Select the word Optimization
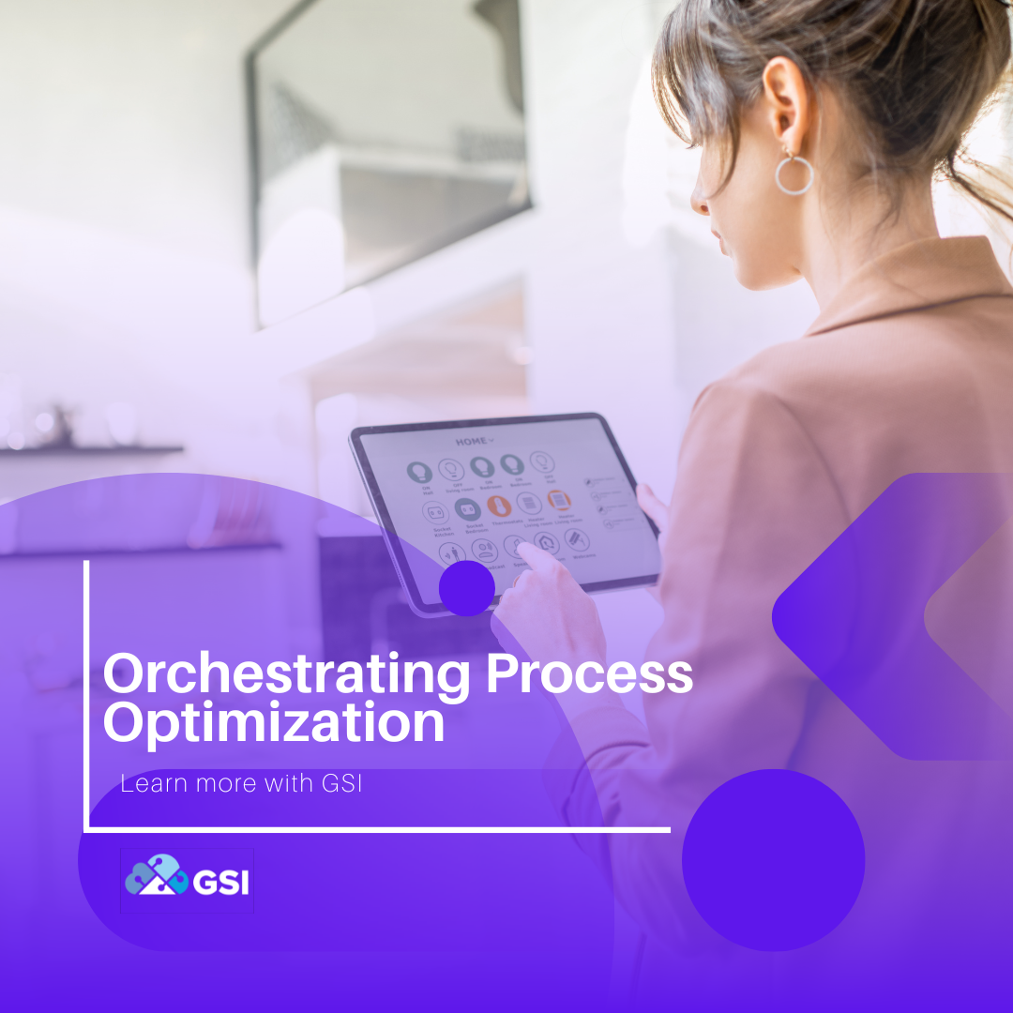click(x=273, y=724)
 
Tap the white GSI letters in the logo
click(x=220, y=882)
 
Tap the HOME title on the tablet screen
click(x=475, y=441)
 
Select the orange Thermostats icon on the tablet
click(x=498, y=506)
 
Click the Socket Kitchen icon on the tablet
click(x=435, y=512)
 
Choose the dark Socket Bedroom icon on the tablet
click(x=467, y=509)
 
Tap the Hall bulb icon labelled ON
click(x=418, y=471)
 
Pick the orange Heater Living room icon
click(x=560, y=501)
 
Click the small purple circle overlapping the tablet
click(x=466, y=588)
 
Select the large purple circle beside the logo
click(x=773, y=859)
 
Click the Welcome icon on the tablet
click(x=577, y=539)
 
